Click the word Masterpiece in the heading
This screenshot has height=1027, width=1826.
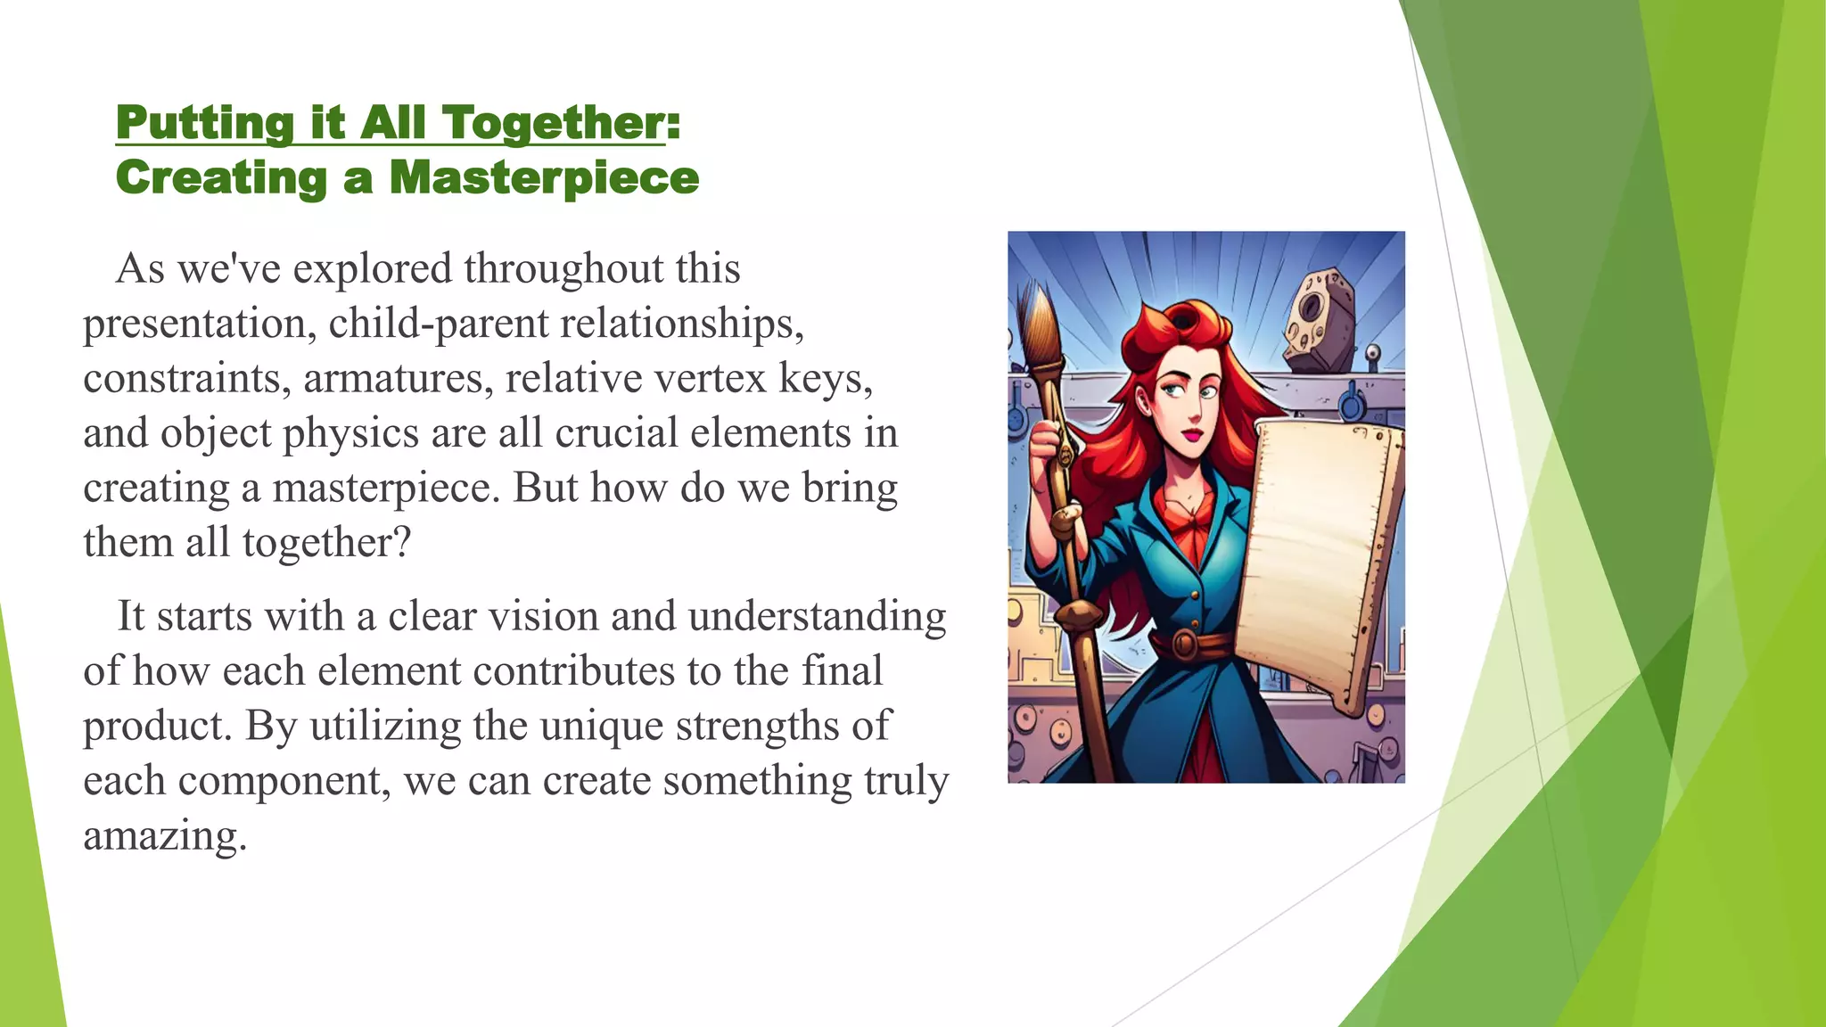544,177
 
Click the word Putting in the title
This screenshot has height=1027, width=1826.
204,122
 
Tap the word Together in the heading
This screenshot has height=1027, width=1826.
554,122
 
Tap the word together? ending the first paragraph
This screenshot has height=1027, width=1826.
326,542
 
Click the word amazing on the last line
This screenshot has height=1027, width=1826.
164,835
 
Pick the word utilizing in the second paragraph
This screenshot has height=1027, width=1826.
385,726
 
